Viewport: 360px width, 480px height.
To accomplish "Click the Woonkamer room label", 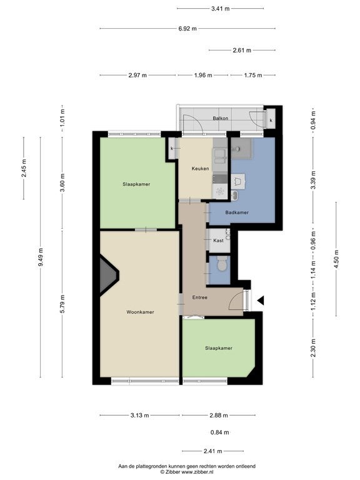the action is coord(140,312).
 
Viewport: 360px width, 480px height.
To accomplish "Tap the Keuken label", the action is coord(200,168).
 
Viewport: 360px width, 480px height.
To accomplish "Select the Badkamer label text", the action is coord(237,212).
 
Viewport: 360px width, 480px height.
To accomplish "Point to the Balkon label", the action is coord(221,118).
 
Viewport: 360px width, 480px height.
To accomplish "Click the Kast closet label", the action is coord(218,240).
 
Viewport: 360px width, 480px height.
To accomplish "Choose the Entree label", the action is coord(200,297).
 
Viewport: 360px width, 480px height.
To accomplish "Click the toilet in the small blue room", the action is coord(222,263).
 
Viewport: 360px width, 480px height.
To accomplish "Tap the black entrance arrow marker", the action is coord(261,301).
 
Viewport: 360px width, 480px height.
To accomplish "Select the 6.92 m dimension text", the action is coord(187,29).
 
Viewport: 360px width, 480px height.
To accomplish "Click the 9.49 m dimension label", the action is coord(41,256).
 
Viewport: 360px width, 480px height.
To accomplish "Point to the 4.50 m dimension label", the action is coord(336,259).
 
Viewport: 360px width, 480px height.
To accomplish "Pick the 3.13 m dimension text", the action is coord(140,416).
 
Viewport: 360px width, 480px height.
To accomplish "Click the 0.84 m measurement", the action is coord(220,432).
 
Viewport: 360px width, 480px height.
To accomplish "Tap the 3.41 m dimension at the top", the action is coord(221,9).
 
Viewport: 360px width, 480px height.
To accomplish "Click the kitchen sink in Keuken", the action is coord(220,156).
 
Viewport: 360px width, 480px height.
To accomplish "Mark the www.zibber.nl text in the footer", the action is coord(197,472).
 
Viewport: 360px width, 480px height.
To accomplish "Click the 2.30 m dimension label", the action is coord(313,348).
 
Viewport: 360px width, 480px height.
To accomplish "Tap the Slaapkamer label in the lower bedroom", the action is coord(219,348).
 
